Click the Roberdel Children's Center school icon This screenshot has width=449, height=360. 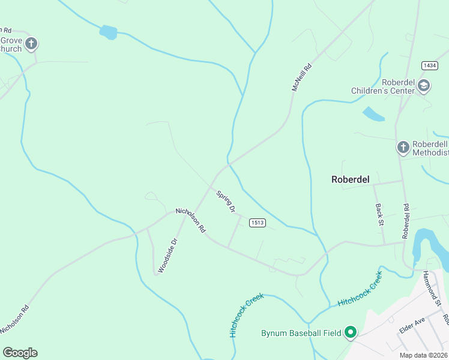(x=424, y=86)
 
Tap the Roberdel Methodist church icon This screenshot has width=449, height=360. (x=403, y=147)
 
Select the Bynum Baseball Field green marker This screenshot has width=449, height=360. (x=351, y=332)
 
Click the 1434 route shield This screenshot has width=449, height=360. (x=429, y=65)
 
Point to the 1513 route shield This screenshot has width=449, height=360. (x=257, y=223)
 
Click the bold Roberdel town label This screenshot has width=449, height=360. (x=349, y=179)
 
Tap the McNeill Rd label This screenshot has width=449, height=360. (x=303, y=77)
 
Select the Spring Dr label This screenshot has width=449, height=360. (x=226, y=202)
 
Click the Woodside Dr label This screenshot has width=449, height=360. (x=168, y=256)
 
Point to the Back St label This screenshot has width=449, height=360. (x=379, y=214)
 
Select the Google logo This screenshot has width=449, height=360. (x=20, y=353)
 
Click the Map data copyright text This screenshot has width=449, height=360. (x=423, y=355)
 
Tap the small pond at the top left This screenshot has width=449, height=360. (x=109, y=32)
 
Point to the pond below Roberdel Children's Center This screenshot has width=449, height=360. (x=373, y=113)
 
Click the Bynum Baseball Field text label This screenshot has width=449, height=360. (x=301, y=333)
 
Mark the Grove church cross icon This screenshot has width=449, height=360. (x=31, y=43)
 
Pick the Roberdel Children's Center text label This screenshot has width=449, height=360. (x=383, y=87)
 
